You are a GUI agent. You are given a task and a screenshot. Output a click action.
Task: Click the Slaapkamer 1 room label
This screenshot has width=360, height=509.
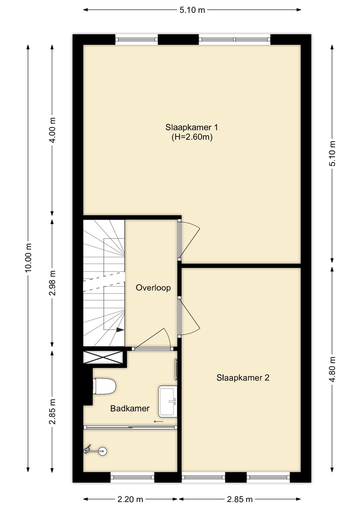[191, 127]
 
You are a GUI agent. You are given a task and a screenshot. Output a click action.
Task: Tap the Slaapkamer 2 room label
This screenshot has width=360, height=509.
[243, 378]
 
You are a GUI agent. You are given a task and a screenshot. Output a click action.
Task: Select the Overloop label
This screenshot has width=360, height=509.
[153, 288]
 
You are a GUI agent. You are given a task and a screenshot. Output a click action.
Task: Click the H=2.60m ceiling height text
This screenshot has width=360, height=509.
[192, 137]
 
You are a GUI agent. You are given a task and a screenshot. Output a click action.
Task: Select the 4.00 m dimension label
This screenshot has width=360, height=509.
[52, 130]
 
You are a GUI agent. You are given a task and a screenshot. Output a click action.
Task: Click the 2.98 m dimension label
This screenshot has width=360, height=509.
[52, 283]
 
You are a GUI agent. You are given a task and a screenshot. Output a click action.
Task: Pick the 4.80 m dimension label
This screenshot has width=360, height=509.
[332, 369]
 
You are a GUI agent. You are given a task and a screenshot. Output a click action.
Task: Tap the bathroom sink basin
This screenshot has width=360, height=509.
[168, 401]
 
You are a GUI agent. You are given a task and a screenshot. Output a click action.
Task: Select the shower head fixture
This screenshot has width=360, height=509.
[95, 451]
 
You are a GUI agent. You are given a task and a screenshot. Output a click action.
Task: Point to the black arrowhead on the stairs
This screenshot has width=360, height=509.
[120, 330]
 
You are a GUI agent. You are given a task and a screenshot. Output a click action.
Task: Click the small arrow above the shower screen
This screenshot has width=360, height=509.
[159, 422]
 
